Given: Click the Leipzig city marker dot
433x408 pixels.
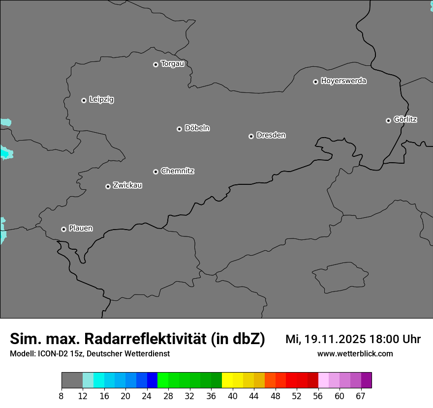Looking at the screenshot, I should coord(84,100).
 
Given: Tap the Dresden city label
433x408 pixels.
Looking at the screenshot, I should coord(271,135).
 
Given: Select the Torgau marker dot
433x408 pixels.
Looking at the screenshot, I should coord(155,64).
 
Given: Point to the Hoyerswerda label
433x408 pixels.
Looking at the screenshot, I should coord(343,81).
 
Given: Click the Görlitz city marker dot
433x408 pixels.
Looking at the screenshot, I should coord(388,120).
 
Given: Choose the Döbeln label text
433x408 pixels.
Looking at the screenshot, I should coord(197,128).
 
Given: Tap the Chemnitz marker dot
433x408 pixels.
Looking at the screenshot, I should coord(155,172).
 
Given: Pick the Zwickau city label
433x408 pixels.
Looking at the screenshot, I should coord(127,185).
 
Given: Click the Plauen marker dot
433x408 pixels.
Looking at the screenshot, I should coord(63,229).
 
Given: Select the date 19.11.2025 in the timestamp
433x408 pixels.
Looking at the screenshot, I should coord(335,339).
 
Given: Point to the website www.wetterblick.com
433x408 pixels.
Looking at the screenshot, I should coord(355,354).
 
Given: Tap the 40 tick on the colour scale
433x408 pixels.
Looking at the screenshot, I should coord(232,396).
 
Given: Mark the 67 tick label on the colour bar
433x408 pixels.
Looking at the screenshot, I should coord(361,396).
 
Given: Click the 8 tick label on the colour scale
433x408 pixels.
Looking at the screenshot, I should coord(61,396).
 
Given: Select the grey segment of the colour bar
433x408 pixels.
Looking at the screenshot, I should coord(72,380).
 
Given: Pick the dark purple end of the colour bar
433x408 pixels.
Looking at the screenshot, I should coord(367,380).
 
